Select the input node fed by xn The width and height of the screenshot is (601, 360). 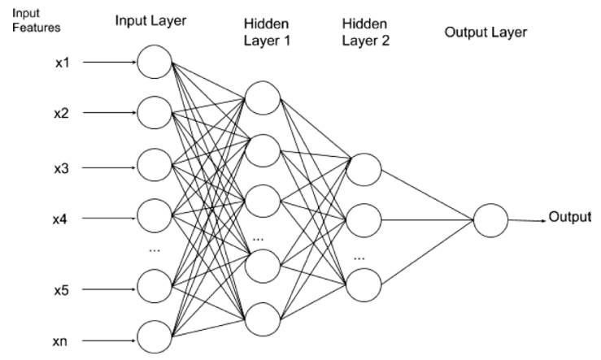(x=154, y=336)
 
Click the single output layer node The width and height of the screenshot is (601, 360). (x=490, y=219)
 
